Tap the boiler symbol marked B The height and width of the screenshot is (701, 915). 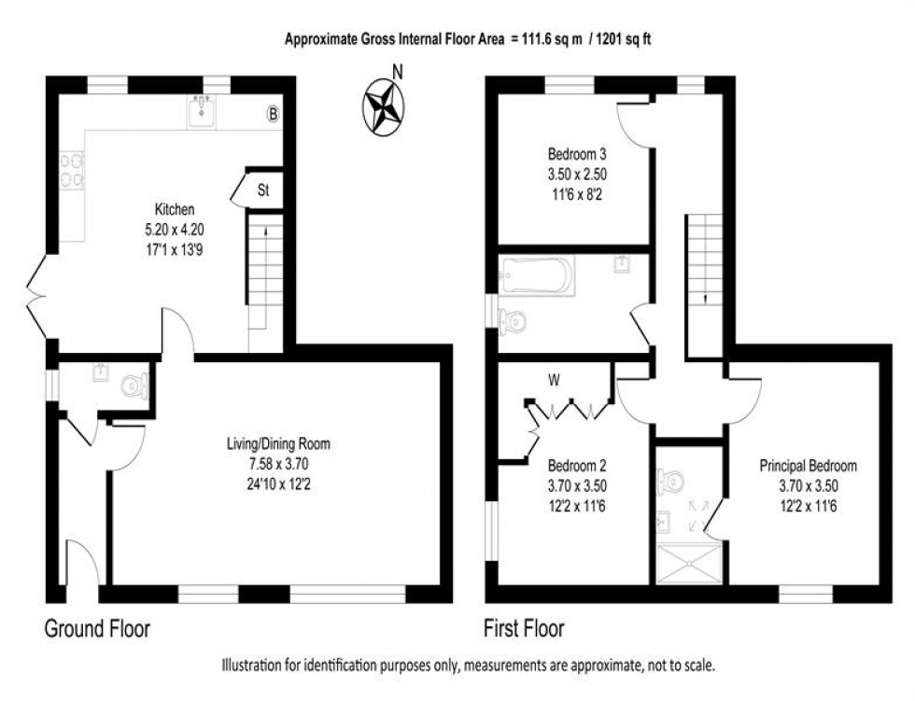(x=273, y=115)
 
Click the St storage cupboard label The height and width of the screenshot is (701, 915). (x=263, y=190)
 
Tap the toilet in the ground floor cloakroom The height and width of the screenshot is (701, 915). (x=137, y=385)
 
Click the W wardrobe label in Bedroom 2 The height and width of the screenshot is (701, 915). (x=554, y=380)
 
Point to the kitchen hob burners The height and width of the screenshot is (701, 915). (x=71, y=170)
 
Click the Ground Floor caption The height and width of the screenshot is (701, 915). (x=97, y=628)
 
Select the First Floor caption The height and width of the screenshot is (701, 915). (x=523, y=628)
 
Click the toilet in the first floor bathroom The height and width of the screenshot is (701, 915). (x=513, y=322)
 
